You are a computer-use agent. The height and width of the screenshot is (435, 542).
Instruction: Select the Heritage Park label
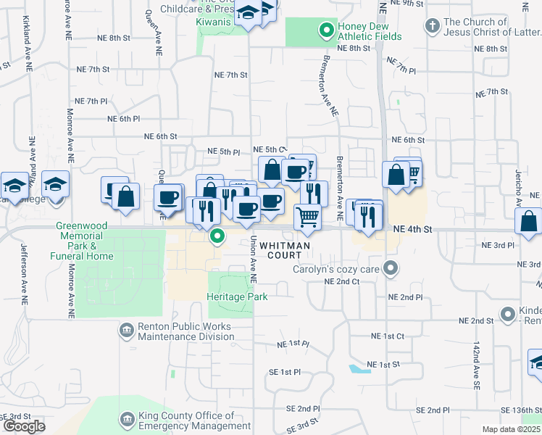tap(237, 297)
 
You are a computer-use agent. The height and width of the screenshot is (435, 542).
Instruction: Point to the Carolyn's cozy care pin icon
tap(391, 269)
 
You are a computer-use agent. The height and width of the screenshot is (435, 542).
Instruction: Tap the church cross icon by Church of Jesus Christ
tap(432, 28)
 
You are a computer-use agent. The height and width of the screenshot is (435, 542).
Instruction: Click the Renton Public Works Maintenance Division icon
tap(127, 331)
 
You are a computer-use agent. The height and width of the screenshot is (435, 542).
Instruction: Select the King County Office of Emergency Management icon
tap(127, 420)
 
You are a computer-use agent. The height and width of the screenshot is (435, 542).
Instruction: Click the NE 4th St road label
tap(412, 229)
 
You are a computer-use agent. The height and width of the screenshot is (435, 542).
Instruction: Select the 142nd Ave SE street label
tap(477, 370)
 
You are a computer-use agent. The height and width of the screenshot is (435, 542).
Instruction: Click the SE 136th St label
tap(517, 412)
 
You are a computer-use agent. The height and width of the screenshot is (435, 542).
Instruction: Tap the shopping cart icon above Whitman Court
tap(308, 215)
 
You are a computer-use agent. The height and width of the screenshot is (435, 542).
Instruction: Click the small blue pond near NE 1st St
tap(355, 369)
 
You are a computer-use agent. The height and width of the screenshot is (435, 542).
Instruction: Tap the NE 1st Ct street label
tap(387, 336)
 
